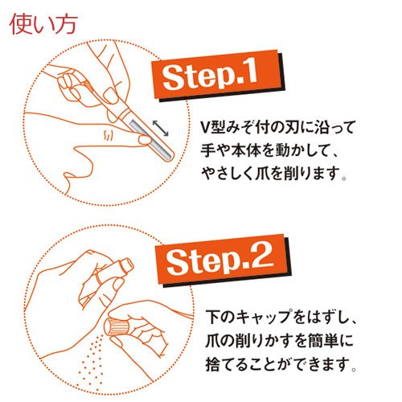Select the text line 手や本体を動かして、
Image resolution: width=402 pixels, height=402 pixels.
coord(270,150)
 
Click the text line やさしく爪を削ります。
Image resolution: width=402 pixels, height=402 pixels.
coord(277,172)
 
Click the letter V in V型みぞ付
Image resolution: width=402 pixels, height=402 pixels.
coord(206,129)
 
